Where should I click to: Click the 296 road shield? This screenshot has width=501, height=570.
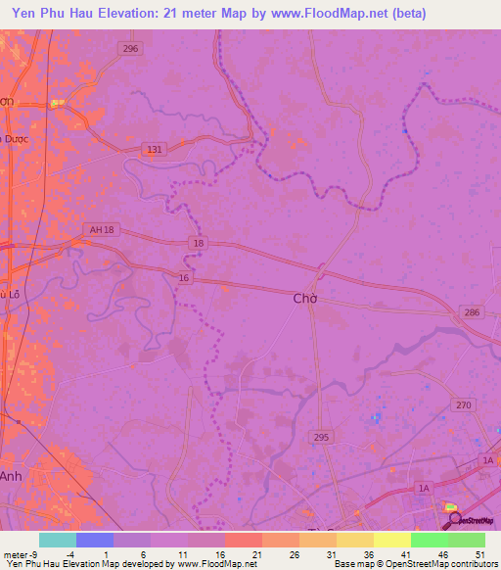tap(131, 48)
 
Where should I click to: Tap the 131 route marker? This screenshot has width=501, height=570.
tap(153, 149)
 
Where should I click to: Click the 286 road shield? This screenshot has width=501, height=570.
tap(473, 312)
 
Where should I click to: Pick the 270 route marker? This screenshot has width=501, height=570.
tap(463, 404)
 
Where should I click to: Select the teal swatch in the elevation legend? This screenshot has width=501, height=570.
tap(57, 540)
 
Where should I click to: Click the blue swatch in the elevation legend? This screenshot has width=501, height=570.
tap(94, 540)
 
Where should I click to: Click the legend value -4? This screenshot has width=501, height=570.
tap(69, 554)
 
